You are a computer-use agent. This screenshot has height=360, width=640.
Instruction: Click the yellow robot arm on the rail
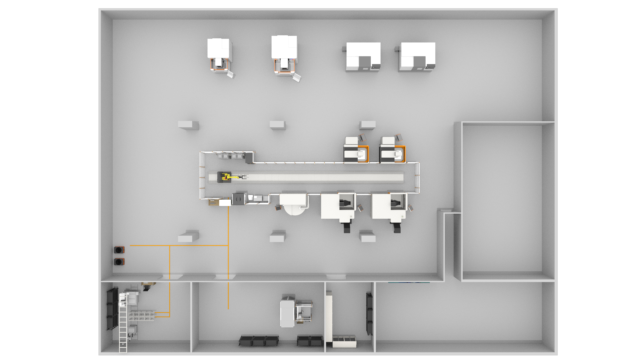click(230, 177)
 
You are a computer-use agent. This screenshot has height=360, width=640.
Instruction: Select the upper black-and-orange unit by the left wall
click(119, 250)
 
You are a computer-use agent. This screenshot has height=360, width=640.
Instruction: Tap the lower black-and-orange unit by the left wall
click(119, 262)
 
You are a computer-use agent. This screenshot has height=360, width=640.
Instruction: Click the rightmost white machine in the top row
click(417, 57)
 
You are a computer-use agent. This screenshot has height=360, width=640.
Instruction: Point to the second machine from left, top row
click(284, 55)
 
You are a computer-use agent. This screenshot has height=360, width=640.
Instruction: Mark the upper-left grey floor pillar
click(188, 125)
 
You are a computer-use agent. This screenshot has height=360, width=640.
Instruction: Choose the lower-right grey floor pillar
click(368, 237)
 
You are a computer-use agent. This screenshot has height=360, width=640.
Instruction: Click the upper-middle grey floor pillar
click(277, 125)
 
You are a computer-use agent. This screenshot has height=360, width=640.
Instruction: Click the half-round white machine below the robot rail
click(293, 203)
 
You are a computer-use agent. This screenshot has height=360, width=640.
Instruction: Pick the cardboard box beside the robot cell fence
click(214, 202)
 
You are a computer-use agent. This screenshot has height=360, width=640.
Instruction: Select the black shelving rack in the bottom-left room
click(112, 308)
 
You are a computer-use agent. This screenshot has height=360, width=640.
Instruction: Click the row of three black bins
click(259, 341)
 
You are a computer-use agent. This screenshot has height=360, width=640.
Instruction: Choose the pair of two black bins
click(310, 341)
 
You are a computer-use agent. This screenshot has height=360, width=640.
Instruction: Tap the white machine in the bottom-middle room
click(287, 313)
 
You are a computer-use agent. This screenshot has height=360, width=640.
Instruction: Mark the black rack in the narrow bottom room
click(369, 313)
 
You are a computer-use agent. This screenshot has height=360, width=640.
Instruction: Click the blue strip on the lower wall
click(409, 283)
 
